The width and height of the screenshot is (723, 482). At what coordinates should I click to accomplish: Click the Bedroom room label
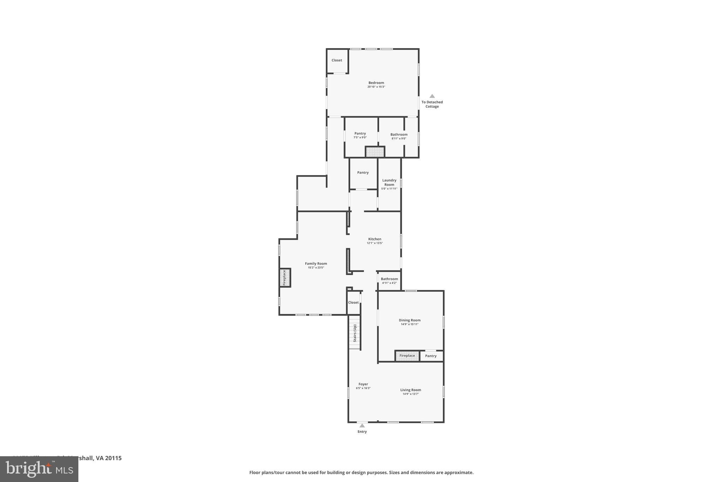coord(376,83)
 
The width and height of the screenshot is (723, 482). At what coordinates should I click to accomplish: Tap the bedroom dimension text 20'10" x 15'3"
coord(376,87)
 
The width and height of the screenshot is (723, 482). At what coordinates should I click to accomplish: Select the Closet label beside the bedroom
coord(337,60)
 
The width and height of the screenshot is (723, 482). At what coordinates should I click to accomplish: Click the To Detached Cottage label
coord(432,104)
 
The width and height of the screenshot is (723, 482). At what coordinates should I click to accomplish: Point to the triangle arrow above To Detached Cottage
coord(432,96)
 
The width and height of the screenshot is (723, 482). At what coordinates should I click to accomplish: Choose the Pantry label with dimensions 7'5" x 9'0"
coord(360,133)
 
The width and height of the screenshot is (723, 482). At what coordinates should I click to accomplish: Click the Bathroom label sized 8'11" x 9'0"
coord(399,135)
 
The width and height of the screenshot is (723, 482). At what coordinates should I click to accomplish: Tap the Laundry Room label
coord(389,183)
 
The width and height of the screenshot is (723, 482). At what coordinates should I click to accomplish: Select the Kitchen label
coord(375,239)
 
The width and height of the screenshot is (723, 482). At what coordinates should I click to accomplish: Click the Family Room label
coord(316,263)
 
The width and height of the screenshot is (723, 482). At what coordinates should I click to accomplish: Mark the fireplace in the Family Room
coord(285,278)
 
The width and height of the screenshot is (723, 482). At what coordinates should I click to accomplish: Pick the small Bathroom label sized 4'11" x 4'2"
coord(389,279)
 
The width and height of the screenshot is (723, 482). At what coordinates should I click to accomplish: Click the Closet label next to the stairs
coord(353,303)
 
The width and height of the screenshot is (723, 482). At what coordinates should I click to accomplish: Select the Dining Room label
coord(410,320)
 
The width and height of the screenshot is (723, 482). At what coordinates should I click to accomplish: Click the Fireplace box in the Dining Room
coord(407,356)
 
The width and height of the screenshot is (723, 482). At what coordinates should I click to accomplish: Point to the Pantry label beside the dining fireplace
coord(431,356)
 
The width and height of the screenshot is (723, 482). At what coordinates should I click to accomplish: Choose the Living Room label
coord(411,390)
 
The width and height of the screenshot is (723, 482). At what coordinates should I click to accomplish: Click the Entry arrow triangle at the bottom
coord(362,426)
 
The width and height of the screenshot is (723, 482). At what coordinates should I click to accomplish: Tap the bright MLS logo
coord(39,469)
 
